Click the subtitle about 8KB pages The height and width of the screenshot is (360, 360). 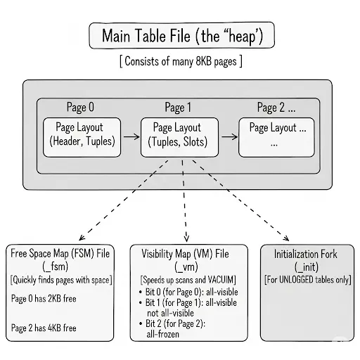181,61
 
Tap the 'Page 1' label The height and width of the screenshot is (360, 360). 179,108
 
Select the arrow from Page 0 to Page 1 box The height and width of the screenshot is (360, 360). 130,136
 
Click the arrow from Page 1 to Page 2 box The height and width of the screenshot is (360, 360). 229,136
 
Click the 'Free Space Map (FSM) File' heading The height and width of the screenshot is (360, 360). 63,252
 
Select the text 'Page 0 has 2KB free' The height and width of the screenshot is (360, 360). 44,298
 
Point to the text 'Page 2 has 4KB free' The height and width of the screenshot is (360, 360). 44,328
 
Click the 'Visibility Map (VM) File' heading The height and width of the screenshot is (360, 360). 190,252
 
